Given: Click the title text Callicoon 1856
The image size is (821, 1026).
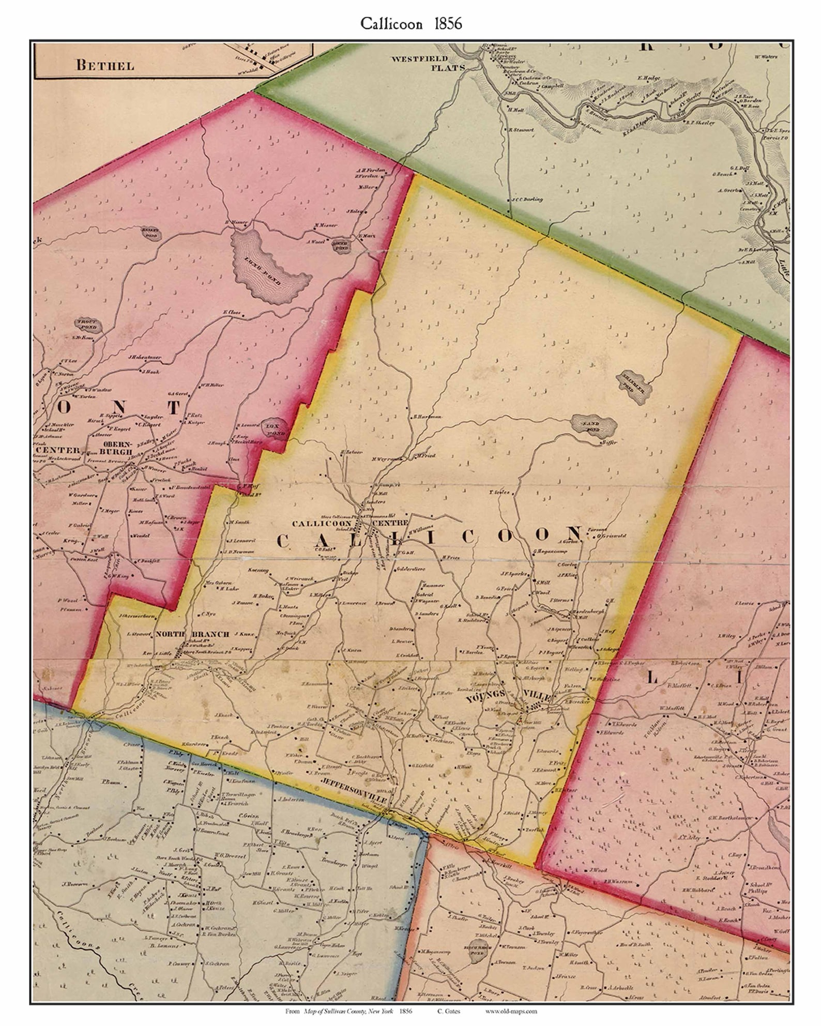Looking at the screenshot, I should [x=411, y=24].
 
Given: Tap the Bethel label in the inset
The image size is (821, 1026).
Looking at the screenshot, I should [x=105, y=65].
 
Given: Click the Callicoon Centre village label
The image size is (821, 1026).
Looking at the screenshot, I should [x=351, y=524].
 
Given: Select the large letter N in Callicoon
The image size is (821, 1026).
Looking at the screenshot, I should [x=572, y=534].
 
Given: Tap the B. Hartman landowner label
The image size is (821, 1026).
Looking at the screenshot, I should [x=427, y=417].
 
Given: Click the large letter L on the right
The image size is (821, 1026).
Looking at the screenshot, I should [x=652, y=678].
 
